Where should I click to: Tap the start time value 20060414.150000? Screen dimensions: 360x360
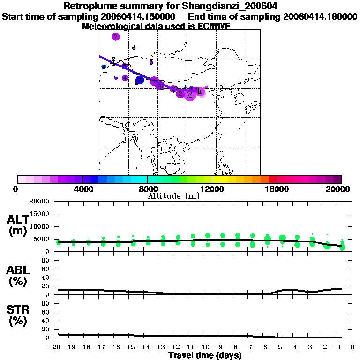click(x=138, y=16)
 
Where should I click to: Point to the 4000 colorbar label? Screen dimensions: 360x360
click(x=82, y=189)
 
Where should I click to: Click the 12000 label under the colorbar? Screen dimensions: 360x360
click(x=212, y=189)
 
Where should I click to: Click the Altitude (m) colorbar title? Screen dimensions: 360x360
click(x=173, y=196)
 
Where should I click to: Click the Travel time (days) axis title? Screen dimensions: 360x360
click(x=205, y=356)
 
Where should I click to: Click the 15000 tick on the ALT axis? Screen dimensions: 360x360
click(x=39, y=214)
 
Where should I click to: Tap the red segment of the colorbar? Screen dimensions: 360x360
click(x=272, y=179)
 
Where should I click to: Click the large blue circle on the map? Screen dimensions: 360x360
click(x=139, y=81)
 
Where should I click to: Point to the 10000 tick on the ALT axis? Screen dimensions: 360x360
click(x=39, y=226)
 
